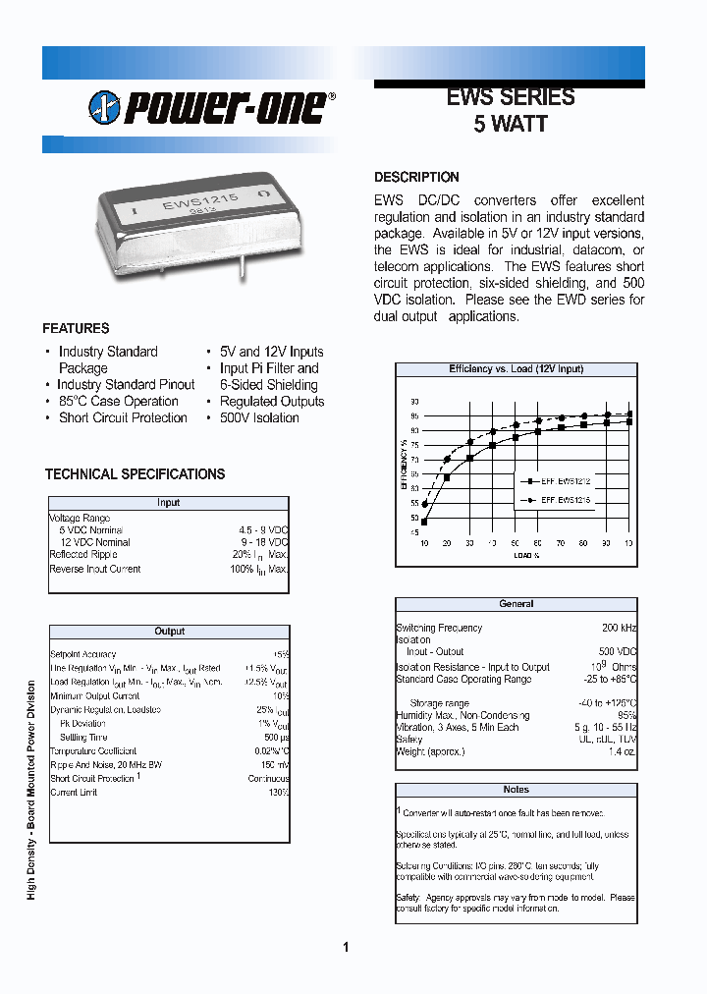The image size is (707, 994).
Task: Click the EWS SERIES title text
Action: coord(510,97)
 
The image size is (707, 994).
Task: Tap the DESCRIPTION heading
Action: coord(416,178)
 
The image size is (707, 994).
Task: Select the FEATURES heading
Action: coord(76,329)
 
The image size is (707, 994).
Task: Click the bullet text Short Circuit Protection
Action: coord(123,418)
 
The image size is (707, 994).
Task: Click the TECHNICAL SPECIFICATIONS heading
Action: coord(135,474)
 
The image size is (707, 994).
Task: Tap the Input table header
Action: coord(169,503)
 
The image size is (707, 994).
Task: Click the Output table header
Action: coord(169,632)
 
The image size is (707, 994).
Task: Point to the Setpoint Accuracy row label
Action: coord(82,654)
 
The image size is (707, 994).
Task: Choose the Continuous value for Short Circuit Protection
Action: coord(268,778)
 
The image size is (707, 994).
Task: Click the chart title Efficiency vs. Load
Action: coord(516,369)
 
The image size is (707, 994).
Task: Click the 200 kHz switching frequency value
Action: coord(619,628)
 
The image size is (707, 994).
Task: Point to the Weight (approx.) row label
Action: coord(431,751)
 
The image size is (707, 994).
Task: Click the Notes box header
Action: coord(516,790)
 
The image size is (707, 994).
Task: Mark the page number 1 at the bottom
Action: coord(346,948)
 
